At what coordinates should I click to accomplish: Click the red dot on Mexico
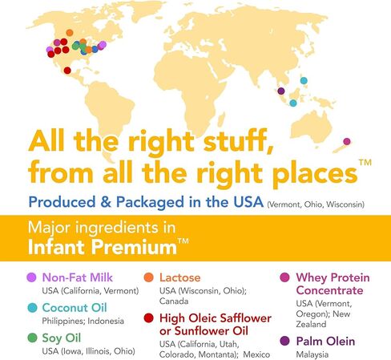point(67,71)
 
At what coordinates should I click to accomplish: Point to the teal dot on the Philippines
point(304,80)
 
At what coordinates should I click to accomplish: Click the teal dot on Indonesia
point(293,103)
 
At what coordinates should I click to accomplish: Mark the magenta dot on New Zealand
point(347,141)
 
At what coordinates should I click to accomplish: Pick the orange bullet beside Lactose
point(149,277)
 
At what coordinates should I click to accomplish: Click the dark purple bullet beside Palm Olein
point(284,340)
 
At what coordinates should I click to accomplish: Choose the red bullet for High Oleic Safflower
point(149,318)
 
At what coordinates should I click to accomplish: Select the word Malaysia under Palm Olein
point(313,353)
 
